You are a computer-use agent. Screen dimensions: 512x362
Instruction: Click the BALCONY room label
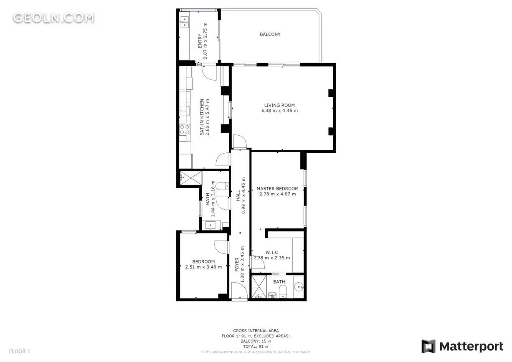tap(270, 34)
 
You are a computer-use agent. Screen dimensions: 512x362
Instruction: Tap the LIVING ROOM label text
tap(279, 105)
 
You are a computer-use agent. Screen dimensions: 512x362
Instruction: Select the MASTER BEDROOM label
tap(277, 189)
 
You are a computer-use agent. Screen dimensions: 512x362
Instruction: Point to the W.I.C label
tap(271, 252)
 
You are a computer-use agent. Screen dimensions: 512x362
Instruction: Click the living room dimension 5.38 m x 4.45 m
tap(279, 111)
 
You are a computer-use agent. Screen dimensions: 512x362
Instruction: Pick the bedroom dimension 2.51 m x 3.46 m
tap(203, 267)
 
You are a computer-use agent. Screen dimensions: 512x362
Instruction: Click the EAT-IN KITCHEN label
tap(202, 117)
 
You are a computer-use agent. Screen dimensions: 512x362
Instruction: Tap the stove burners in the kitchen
tap(185, 129)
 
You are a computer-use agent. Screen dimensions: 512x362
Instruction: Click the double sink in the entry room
tap(185, 22)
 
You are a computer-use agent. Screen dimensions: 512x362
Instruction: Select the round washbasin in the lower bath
tap(298, 287)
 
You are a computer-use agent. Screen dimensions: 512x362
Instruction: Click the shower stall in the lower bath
tap(259, 286)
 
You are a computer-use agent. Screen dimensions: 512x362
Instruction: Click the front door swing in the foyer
tap(239, 290)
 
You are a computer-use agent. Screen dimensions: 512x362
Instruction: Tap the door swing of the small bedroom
tap(221, 247)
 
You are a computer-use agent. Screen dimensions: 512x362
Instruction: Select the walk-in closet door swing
tap(258, 262)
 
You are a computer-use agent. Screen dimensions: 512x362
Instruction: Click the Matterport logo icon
tap(428, 346)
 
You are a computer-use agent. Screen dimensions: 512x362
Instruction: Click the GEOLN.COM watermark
tap(53, 18)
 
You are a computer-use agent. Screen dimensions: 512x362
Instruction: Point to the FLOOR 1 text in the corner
tap(20, 351)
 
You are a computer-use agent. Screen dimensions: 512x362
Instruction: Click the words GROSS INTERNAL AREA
tap(256, 331)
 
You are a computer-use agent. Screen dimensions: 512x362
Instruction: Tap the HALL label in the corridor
tap(238, 196)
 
